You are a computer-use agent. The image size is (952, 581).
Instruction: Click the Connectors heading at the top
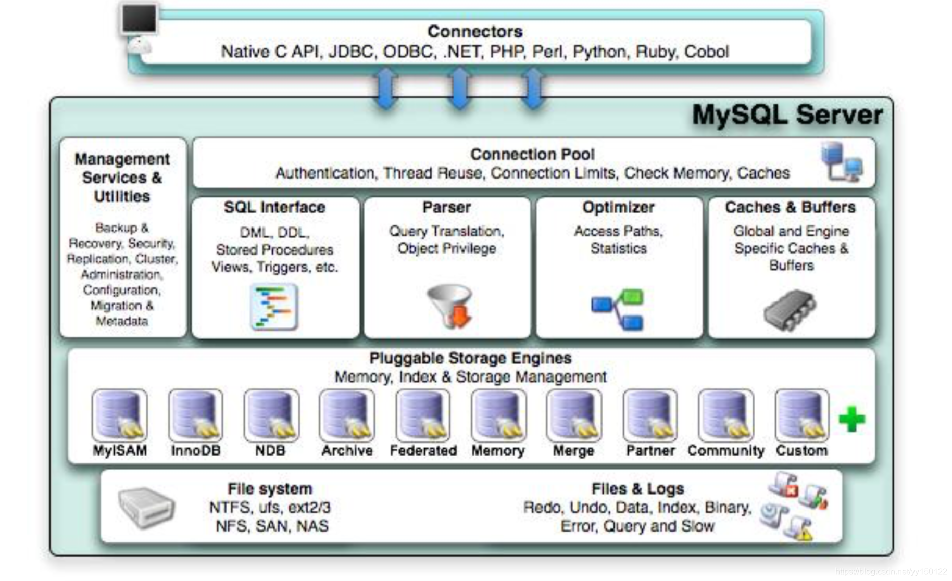point(474,32)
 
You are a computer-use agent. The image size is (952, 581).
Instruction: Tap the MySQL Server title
point(787,115)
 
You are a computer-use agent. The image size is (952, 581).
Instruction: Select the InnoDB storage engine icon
point(195,415)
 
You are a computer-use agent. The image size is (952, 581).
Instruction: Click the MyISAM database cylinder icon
point(119,415)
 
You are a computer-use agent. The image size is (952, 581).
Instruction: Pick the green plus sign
point(851,419)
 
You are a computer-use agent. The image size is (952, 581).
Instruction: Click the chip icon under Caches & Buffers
point(790,310)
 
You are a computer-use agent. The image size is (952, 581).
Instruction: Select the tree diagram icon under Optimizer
point(618,309)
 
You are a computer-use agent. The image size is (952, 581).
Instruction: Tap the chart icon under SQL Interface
point(274,307)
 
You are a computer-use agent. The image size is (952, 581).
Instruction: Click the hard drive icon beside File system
point(146,508)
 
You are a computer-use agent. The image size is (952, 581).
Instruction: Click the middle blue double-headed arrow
point(459,89)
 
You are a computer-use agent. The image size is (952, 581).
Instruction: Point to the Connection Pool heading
point(532,155)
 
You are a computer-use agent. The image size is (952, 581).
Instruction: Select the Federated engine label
point(423,450)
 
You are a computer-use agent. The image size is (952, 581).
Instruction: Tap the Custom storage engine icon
point(801,415)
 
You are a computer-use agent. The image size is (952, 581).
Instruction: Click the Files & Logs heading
point(637,489)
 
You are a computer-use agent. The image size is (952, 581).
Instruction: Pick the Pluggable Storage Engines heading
point(470,358)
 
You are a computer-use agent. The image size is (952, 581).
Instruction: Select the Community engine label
point(725,450)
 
